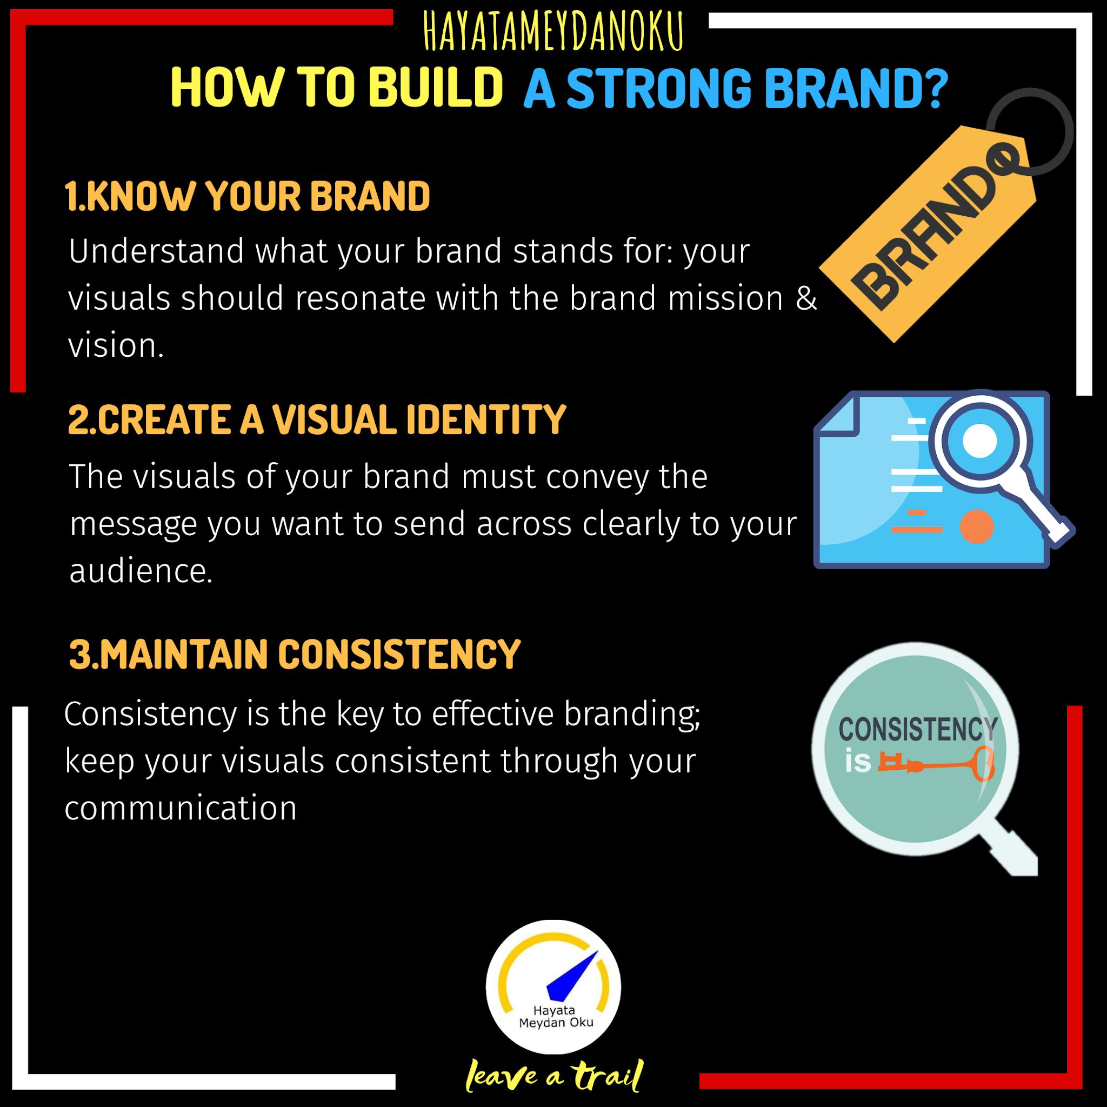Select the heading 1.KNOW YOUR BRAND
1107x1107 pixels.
pyautogui.click(x=247, y=197)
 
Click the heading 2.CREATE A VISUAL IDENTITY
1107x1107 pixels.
pyautogui.click(x=317, y=420)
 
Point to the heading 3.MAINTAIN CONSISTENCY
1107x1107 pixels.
pyautogui.click(x=295, y=655)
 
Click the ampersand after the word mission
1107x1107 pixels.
pyautogui.click(x=805, y=298)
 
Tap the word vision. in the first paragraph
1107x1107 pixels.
pyautogui.click(x=116, y=346)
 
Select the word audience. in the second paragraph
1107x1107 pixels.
pyautogui.click(x=141, y=571)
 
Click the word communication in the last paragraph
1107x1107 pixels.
pyautogui.click(x=181, y=808)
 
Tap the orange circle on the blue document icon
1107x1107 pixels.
pyautogui.click(x=976, y=526)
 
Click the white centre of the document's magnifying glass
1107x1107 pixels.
pyautogui.click(x=980, y=441)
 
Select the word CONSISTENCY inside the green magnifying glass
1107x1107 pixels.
pyautogui.click(x=918, y=729)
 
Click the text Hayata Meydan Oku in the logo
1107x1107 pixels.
pyautogui.click(x=555, y=1017)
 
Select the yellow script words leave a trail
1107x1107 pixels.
pyautogui.click(x=554, y=1076)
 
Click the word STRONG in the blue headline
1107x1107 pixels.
pyautogui.click(x=658, y=89)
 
